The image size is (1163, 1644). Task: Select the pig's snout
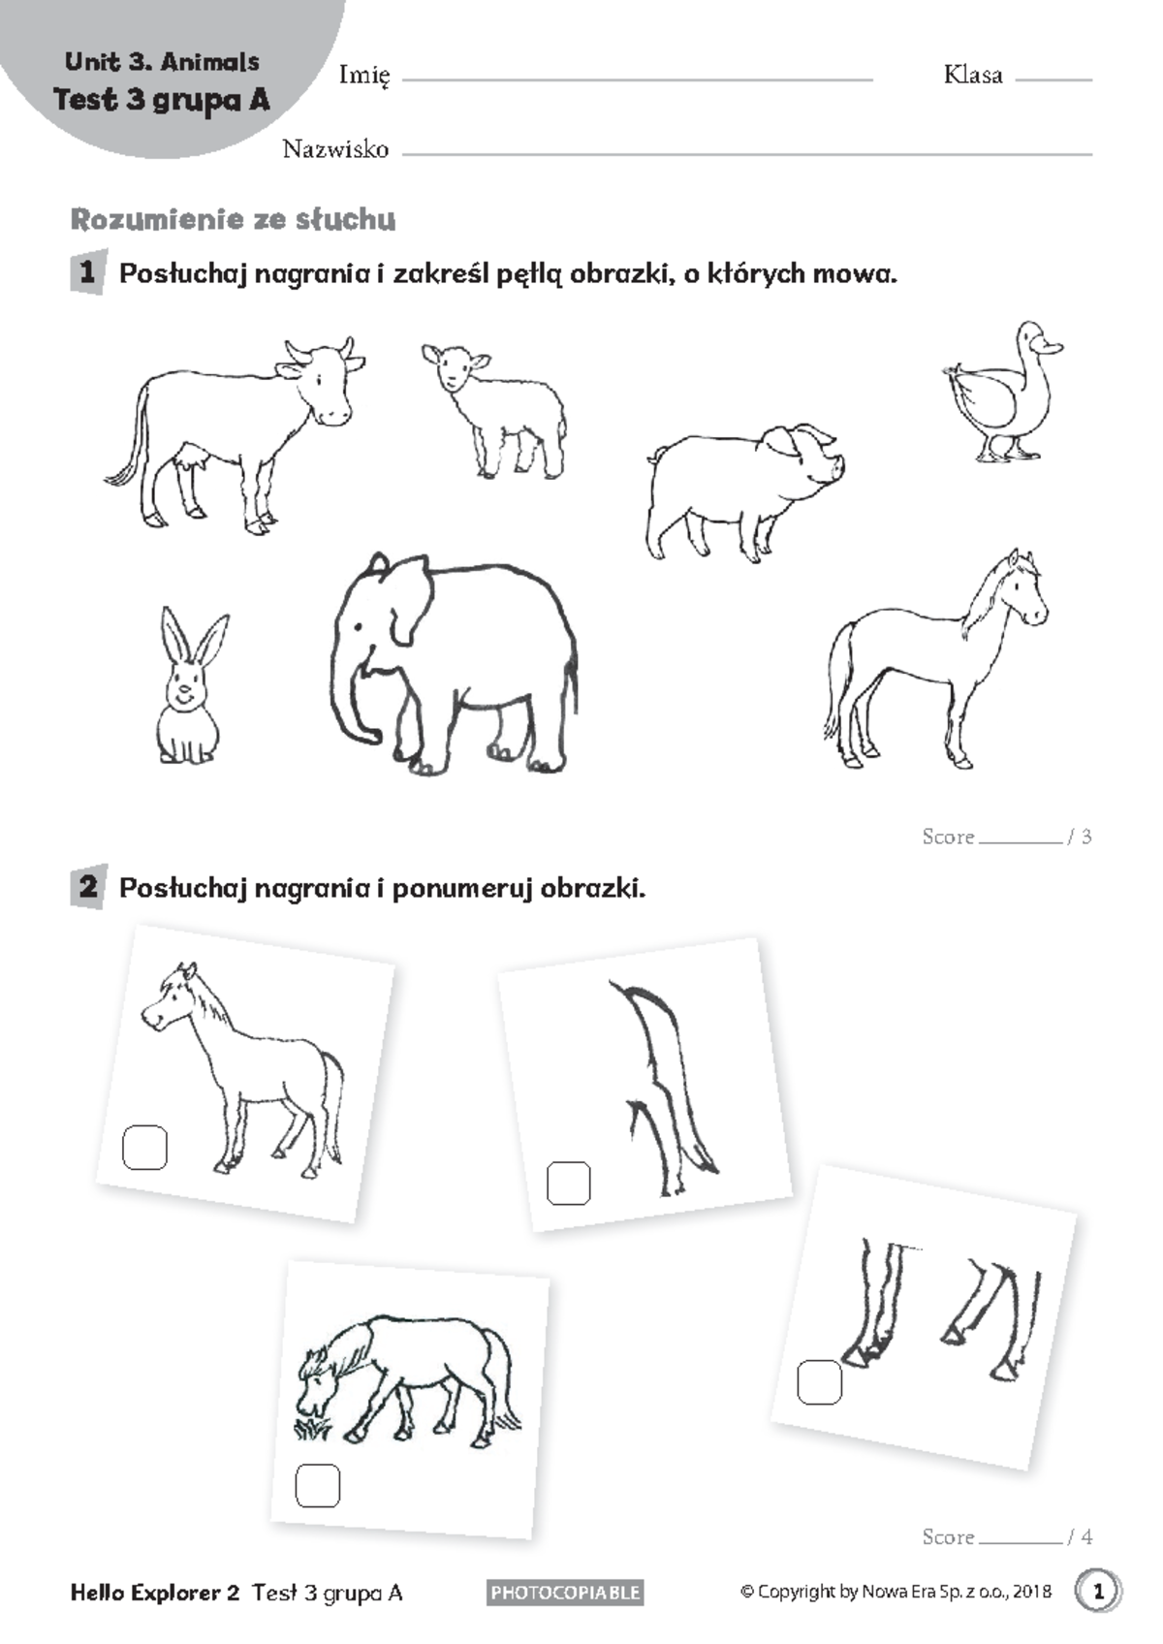point(836,467)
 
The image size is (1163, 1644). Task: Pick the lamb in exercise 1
point(494,411)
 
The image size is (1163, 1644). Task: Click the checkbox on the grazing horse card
point(317,1485)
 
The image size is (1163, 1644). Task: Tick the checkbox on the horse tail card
point(568,1184)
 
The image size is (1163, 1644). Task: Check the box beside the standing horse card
point(144,1147)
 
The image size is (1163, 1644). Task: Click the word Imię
point(364,76)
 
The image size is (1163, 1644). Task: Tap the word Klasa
point(973,75)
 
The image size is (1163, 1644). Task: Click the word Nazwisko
point(336,149)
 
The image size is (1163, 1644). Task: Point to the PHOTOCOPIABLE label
point(565,1592)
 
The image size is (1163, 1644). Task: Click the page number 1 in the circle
point(1098,1592)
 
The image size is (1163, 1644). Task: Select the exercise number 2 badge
point(89,887)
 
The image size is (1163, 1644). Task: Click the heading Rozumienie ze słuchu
point(234,219)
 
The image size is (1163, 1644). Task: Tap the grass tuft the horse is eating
point(312,1426)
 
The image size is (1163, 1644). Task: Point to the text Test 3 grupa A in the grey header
point(162,100)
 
